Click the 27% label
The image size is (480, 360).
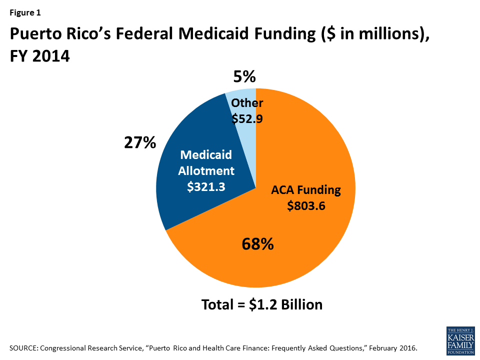pyautogui.click(x=140, y=143)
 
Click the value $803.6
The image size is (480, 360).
pyautogui.click(x=306, y=205)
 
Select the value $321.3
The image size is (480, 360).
pyautogui.click(x=207, y=186)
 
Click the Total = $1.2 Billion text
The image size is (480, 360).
pyautogui.click(x=261, y=304)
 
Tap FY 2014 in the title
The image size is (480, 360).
pyautogui.click(x=39, y=56)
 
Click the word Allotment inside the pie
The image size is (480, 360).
pyautogui.click(x=207, y=170)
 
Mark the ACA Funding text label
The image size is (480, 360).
pyautogui.click(x=306, y=190)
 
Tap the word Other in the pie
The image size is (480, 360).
pyautogui.click(x=247, y=103)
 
